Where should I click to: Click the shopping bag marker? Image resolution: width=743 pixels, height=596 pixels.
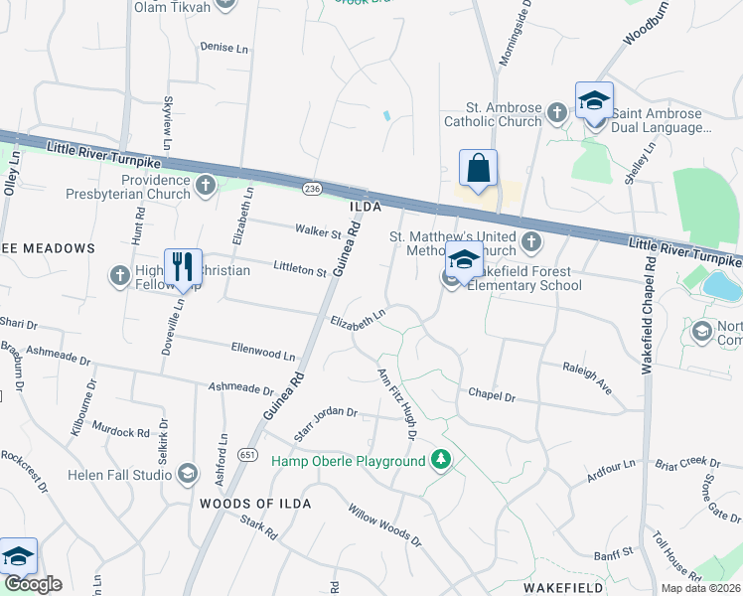tap(478, 170)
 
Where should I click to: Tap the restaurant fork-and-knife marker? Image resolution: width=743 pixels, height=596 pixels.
tap(183, 268)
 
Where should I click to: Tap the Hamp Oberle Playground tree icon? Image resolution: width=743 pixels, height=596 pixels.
tap(439, 461)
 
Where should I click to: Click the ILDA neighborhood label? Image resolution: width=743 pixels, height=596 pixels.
tap(367, 207)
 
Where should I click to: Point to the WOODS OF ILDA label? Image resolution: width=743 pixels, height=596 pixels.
tap(255, 504)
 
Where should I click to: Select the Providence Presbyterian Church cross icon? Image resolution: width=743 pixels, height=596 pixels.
tap(205, 185)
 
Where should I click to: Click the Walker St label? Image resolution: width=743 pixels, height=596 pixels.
tap(318, 232)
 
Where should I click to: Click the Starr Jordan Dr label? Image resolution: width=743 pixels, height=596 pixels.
tap(326, 424)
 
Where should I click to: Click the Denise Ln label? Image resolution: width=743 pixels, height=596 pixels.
tap(223, 47)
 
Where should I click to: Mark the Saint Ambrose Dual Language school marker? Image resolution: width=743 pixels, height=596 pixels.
tap(594, 102)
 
